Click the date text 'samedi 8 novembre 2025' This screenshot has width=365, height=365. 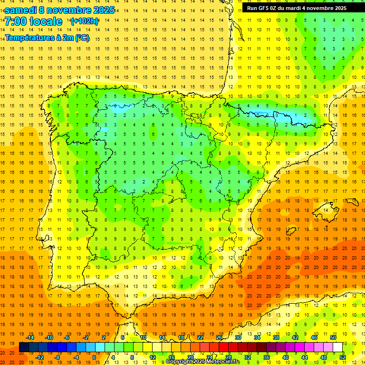point(59,10)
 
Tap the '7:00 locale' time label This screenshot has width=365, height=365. point(33,21)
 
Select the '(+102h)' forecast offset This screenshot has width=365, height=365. point(84,21)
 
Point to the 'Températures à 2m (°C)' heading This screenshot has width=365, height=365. point(47,38)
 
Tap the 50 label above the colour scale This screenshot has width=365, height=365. point(333,337)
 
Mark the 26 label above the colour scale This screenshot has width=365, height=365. point(219,337)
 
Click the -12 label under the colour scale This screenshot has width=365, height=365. point(39,357)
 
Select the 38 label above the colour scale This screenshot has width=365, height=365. point(276,337)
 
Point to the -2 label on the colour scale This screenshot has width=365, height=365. point(86,337)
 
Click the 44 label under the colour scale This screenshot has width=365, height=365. point(305,357)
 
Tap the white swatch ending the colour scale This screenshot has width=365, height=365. point(337,347)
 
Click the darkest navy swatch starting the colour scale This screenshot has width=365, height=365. point(24,347)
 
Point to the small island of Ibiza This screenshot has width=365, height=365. point(289,231)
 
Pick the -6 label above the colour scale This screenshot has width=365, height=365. point(67,337)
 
